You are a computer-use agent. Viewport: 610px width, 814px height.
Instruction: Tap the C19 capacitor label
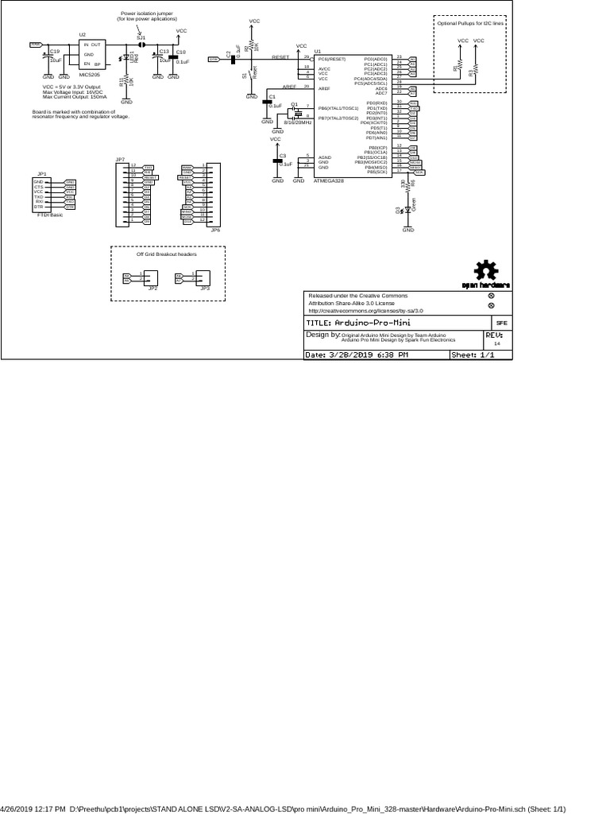tap(55, 51)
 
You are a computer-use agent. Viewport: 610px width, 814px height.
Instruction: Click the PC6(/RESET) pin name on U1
tap(332, 59)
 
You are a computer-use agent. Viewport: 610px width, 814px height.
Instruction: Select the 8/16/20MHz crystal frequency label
tap(297, 122)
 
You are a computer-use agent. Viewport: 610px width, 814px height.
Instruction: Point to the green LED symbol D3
tap(407, 211)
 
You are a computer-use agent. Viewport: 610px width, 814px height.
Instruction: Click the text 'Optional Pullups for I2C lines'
tap(471, 24)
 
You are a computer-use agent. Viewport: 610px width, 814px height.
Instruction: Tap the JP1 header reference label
tap(42, 172)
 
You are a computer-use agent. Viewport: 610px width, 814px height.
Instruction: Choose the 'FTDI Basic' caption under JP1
tap(49, 215)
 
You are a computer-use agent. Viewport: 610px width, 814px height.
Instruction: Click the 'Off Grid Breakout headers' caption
tap(166, 254)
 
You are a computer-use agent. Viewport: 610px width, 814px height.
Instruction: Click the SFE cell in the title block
tap(501, 324)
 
